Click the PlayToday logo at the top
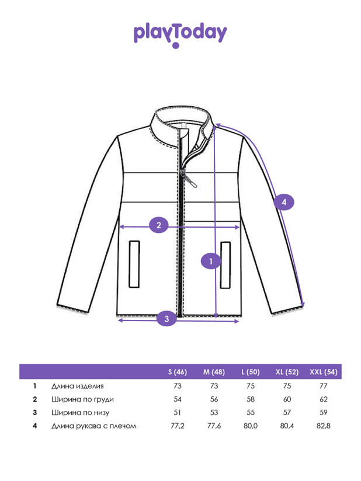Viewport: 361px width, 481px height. [180, 35]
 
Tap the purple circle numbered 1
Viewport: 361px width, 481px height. [211, 261]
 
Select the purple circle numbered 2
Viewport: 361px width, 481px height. [159, 225]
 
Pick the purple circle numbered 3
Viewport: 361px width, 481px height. [166, 319]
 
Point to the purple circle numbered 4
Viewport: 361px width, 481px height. [284, 202]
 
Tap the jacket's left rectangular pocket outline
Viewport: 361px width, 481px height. [134, 264]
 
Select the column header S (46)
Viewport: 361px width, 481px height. [178, 372]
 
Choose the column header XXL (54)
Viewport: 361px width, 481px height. [323, 372]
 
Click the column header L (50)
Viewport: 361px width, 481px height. [251, 372]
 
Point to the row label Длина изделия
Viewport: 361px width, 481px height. [77, 386]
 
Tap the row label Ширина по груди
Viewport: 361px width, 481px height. [82, 399]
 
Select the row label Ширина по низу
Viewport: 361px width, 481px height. [80, 413]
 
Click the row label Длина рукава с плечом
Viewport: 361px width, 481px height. [93, 426]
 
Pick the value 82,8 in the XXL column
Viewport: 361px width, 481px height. [324, 426]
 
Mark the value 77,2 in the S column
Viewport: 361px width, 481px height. [178, 426]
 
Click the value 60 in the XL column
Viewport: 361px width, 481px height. [287, 399]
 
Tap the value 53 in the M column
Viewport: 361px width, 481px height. [214, 412]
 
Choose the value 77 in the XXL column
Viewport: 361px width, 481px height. [324, 386]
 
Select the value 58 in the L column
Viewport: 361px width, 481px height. [251, 399]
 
